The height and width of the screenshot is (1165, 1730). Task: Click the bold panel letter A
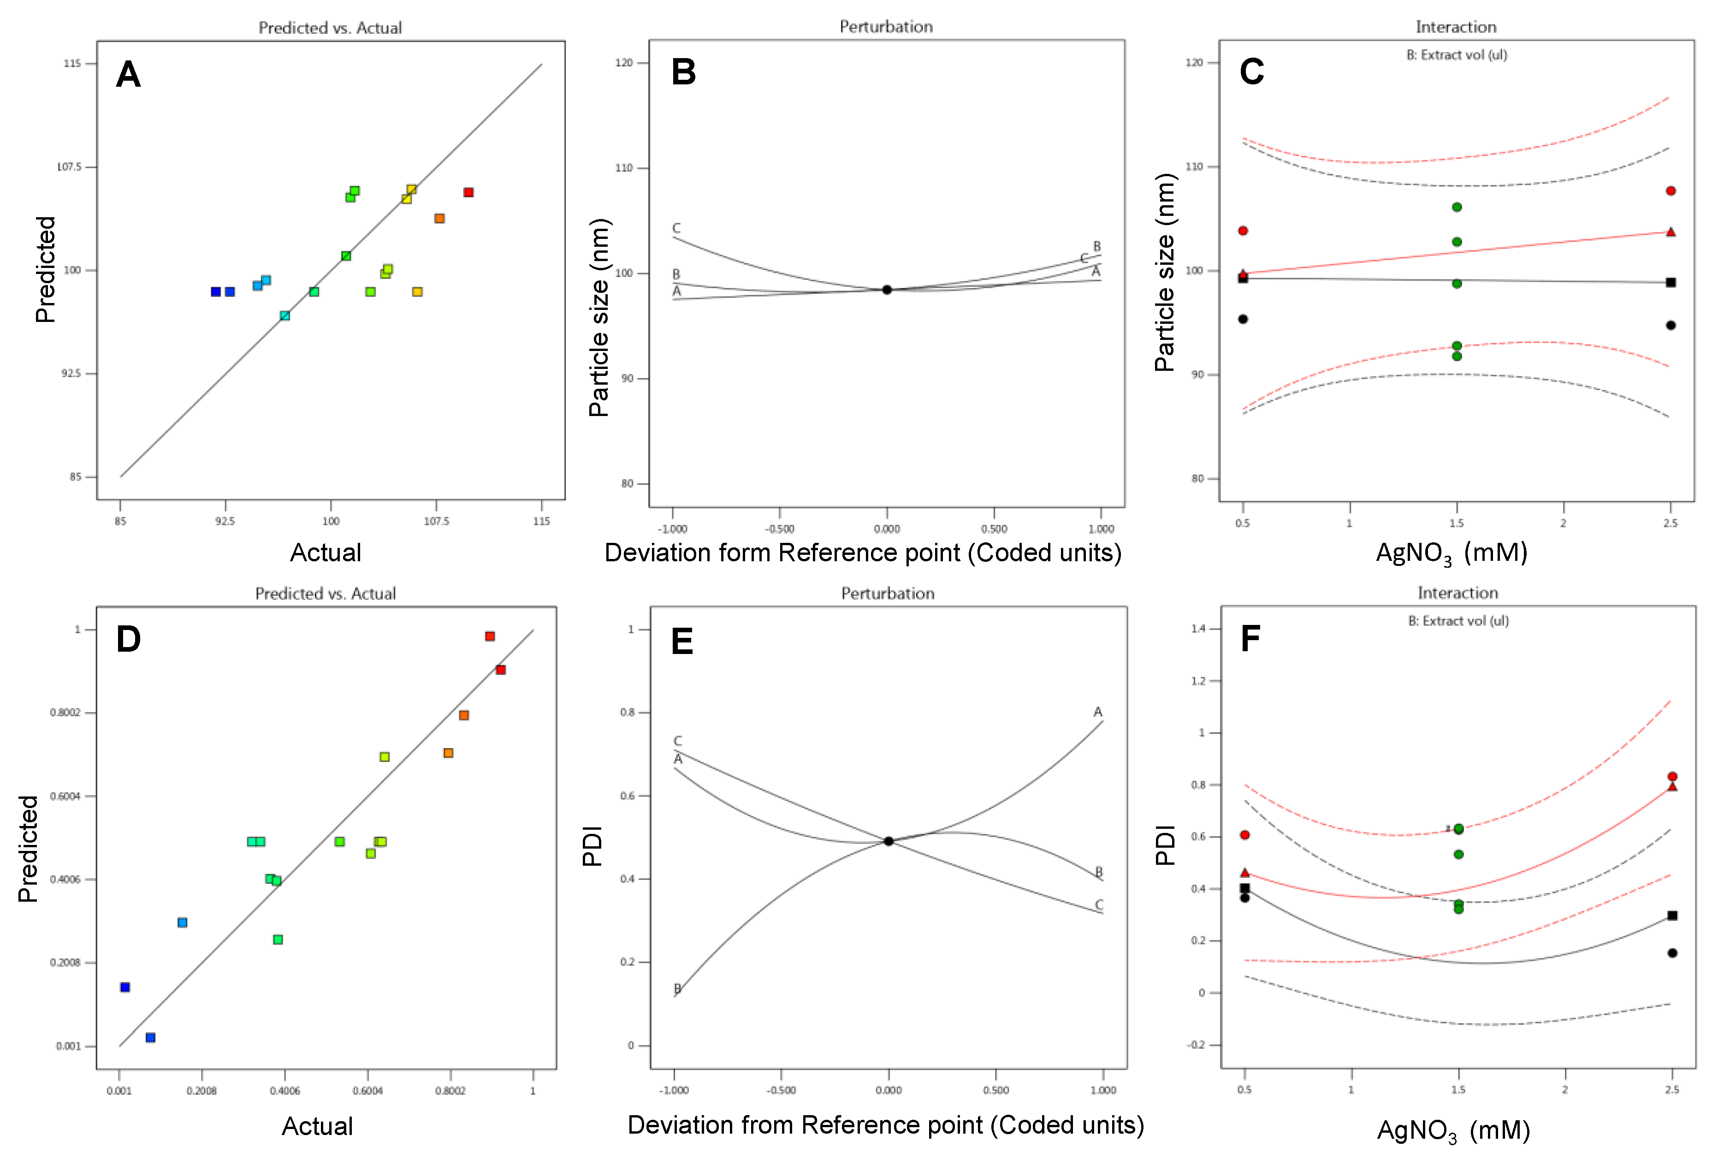click(x=129, y=75)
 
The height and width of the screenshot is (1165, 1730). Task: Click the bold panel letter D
click(x=129, y=639)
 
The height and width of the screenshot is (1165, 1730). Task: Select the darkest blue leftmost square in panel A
click(x=215, y=292)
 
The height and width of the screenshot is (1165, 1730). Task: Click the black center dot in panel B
click(x=887, y=290)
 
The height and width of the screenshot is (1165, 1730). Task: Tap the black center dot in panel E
click(x=889, y=841)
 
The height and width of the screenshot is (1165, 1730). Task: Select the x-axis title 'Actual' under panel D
click(x=317, y=1126)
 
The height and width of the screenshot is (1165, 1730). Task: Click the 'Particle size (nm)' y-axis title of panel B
click(x=598, y=317)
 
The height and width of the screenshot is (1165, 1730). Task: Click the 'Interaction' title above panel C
click(x=1456, y=28)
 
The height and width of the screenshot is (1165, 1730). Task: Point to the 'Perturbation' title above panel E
click(x=888, y=594)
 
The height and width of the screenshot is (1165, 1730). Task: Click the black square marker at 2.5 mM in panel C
click(x=1671, y=282)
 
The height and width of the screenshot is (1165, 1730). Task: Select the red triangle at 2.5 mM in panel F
click(x=1672, y=786)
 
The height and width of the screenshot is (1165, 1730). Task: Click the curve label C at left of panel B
click(x=676, y=228)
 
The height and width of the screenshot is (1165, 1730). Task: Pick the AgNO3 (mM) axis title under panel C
click(x=1452, y=553)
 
